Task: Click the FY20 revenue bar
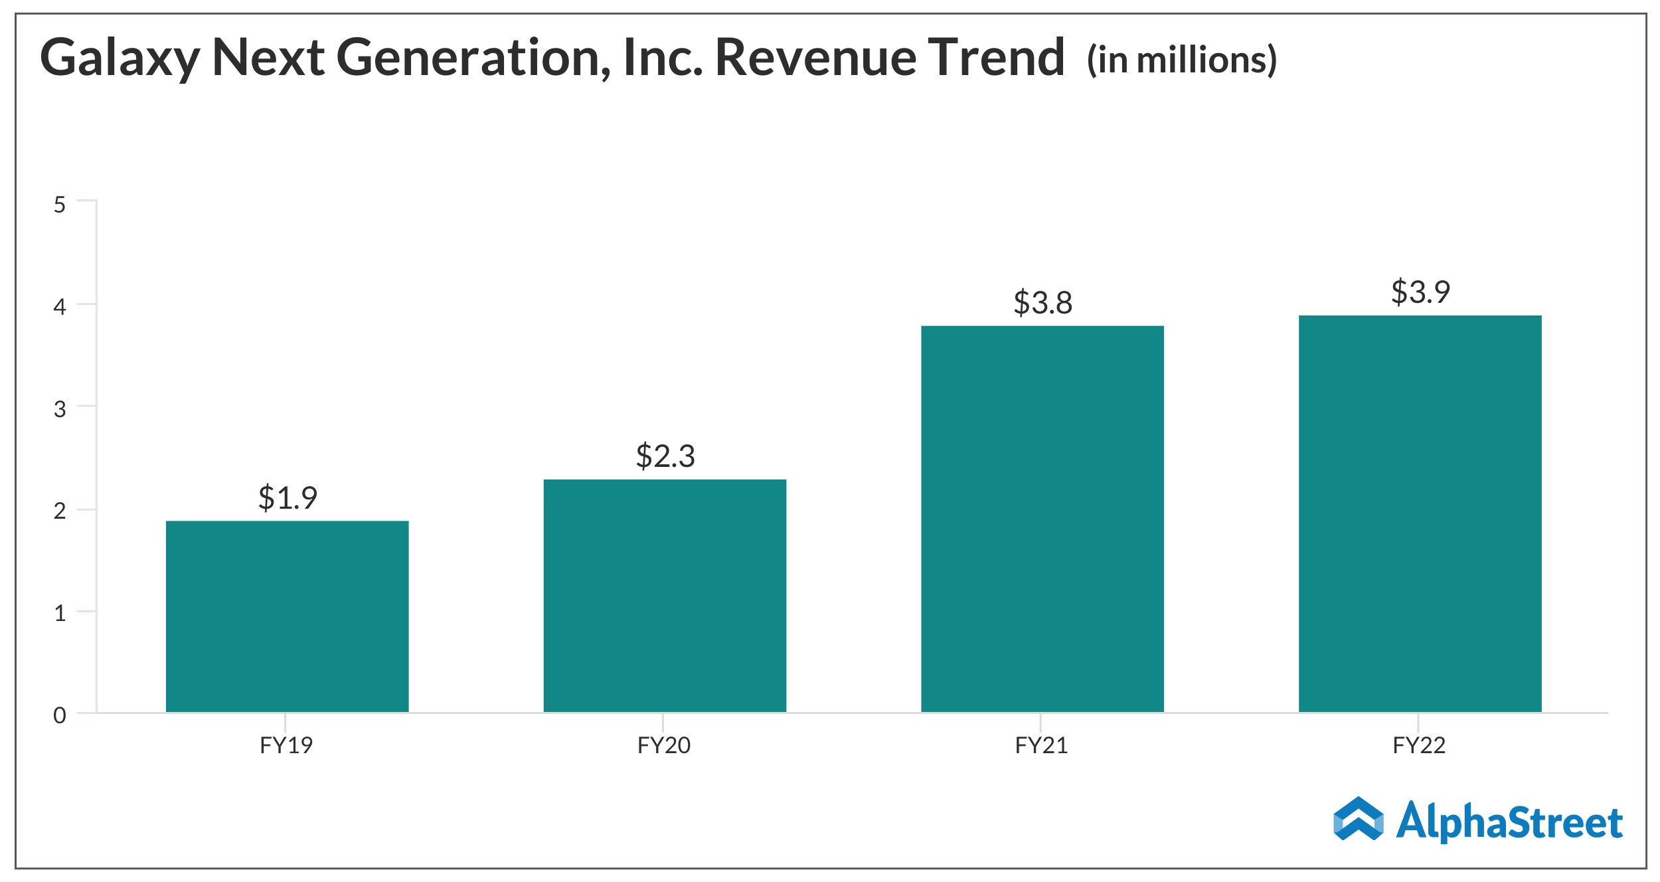pyautogui.click(x=665, y=596)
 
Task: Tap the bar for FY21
pyautogui.click(x=1042, y=519)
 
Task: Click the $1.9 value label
pyautogui.click(x=288, y=497)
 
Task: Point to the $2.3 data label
pyautogui.click(x=665, y=456)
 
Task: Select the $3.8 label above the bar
pyautogui.click(x=1042, y=303)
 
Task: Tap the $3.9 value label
pyautogui.click(x=1420, y=292)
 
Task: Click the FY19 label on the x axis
pyautogui.click(x=286, y=745)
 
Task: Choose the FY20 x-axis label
pyautogui.click(x=664, y=745)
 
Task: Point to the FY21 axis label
pyautogui.click(x=1041, y=745)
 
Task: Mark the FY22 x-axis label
pyautogui.click(x=1419, y=745)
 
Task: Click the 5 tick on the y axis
pyautogui.click(x=60, y=205)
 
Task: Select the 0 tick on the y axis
pyautogui.click(x=60, y=715)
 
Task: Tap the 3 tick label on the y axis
pyautogui.click(x=60, y=409)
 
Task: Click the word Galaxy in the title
pyautogui.click(x=120, y=58)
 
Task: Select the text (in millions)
pyautogui.click(x=1181, y=60)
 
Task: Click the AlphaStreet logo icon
pyautogui.click(x=1359, y=818)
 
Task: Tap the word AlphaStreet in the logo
pyautogui.click(x=1509, y=822)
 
